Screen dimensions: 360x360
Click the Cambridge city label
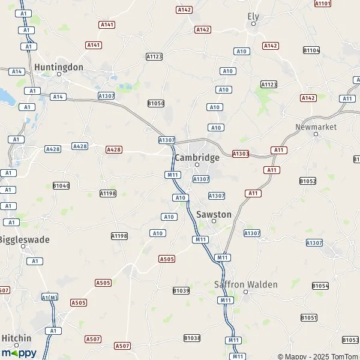tap(197, 157)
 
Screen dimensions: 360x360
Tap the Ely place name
tap(253, 16)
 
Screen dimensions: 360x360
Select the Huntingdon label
tap(59, 67)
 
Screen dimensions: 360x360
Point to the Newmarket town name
tap(316, 127)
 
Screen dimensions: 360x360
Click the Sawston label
tap(214, 214)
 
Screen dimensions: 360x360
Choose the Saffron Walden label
tap(246, 284)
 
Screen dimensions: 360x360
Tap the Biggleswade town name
tap(24, 239)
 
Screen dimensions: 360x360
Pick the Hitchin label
tap(16, 338)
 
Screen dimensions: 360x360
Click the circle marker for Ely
tap(253, 24)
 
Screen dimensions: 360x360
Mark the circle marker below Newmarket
tap(316, 134)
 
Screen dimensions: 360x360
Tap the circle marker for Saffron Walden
tap(246, 292)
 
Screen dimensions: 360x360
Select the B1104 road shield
tap(311, 50)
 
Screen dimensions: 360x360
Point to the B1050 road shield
tap(156, 103)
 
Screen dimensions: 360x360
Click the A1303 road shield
tap(240, 154)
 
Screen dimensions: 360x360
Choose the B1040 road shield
tap(61, 186)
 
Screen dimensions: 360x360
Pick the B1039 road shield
tap(181, 291)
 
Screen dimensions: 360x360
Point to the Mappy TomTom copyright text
tap(318, 356)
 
